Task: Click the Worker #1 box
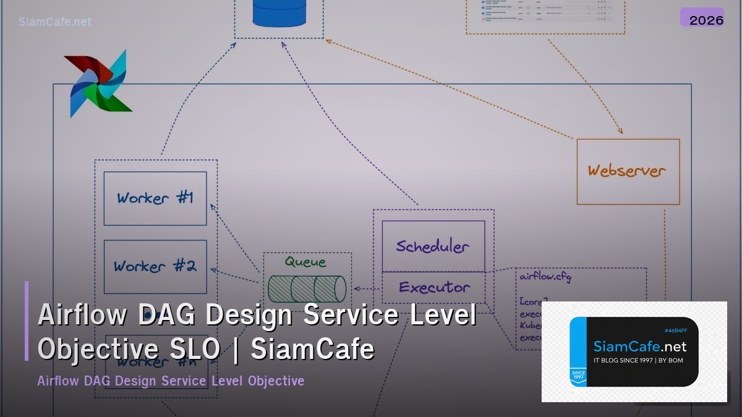pos(155,198)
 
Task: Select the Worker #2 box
pos(155,266)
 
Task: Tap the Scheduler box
pos(433,246)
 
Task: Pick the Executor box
pos(433,287)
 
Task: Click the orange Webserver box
pos(628,171)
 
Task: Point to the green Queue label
pos(305,262)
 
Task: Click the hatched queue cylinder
pos(307,289)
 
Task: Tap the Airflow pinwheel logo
pos(98,83)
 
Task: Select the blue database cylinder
pos(279,12)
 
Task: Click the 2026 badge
pos(706,20)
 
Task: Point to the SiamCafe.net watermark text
pos(55,22)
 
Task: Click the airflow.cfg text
pos(545,276)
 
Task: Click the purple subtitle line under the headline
pos(171,381)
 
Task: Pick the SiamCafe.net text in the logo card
pos(639,346)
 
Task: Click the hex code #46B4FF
pos(676,331)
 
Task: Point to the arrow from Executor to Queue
pos(366,289)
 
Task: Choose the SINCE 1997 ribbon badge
pos(578,376)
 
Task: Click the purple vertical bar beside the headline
pos(27,321)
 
